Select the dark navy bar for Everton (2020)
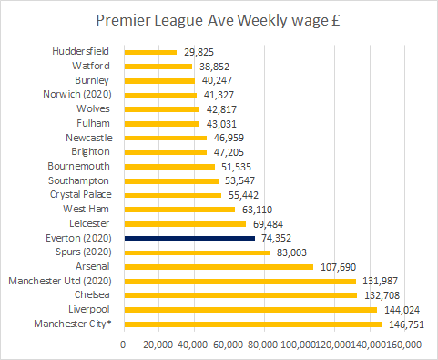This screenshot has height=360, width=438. click(x=189, y=238)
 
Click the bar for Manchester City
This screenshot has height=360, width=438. click(x=252, y=324)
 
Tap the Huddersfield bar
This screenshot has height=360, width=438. click(x=149, y=52)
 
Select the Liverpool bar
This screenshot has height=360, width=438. click(x=250, y=310)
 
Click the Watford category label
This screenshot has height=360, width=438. click(x=92, y=66)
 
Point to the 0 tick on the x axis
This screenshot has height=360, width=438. click(x=124, y=345)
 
